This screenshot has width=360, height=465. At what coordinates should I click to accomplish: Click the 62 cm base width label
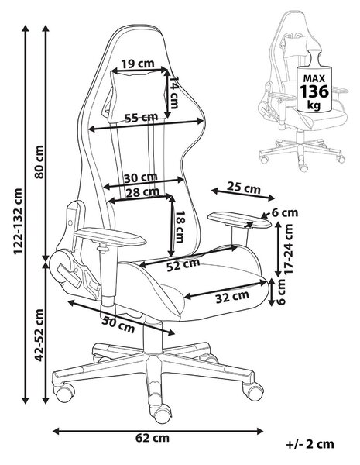(153, 438)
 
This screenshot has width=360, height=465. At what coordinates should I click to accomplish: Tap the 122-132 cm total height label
(19, 221)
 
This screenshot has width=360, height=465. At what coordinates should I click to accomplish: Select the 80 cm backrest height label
(39, 162)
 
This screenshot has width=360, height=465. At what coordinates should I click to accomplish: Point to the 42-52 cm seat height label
(39, 335)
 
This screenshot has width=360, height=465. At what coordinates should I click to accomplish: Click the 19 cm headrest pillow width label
(138, 64)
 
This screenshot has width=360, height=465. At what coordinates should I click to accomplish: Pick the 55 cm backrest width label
(141, 118)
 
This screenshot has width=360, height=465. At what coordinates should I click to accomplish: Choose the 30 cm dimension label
(140, 177)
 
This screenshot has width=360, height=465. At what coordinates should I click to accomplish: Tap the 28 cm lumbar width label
(142, 192)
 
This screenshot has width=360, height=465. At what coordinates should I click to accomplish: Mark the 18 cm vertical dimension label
(180, 227)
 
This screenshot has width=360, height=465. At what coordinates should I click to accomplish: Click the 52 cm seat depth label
(183, 265)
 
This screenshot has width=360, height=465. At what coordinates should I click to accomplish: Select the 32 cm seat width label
(232, 297)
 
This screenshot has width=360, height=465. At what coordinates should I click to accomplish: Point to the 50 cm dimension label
(118, 324)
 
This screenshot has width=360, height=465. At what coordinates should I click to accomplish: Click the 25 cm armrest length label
(244, 188)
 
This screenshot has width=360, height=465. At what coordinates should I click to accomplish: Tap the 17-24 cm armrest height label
(288, 249)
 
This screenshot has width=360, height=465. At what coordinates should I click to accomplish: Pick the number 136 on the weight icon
(314, 91)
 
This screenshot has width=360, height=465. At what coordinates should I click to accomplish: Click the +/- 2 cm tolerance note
(310, 444)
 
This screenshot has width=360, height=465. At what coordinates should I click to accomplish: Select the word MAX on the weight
(314, 78)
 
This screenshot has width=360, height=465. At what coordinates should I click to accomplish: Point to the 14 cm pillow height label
(173, 92)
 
